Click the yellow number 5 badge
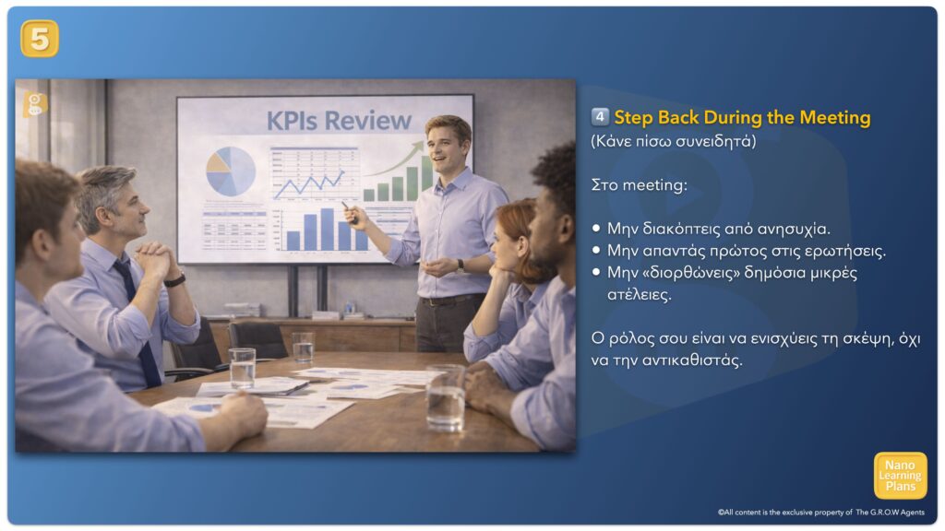[x=40, y=39]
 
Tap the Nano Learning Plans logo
[x=900, y=476]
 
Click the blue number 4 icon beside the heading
[x=600, y=116]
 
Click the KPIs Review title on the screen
[x=339, y=121]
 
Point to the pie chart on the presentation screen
[x=231, y=171]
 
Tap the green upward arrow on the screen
[x=395, y=159]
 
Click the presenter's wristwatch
[x=460, y=265]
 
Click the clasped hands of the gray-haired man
[x=154, y=259]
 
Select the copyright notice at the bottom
[x=820, y=513]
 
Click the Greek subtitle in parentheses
[x=673, y=141]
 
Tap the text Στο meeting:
[x=640, y=184]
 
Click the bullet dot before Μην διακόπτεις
[x=596, y=229]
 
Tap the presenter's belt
[x=452, y=300]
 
